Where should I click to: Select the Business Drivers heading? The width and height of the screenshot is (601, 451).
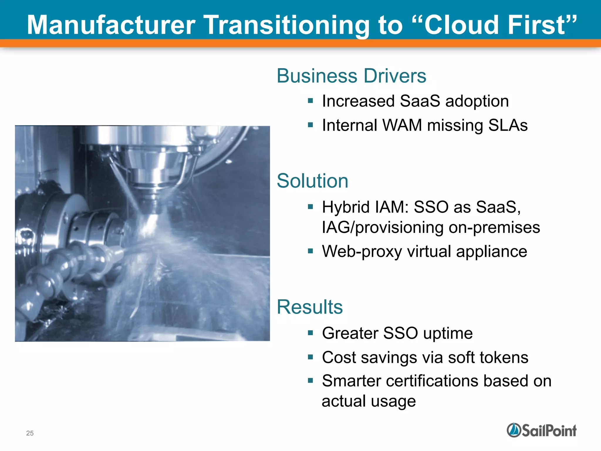(351, 76)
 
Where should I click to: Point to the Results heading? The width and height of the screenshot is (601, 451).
(310, 307)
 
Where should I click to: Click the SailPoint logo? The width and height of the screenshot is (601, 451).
(541, 430)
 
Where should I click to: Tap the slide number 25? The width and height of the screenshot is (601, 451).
(30, 433)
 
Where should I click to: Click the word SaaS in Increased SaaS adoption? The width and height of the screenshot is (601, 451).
(420, 101)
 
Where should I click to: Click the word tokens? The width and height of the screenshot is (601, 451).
(504, 357)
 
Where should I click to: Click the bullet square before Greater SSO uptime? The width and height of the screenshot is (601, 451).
(310, 333)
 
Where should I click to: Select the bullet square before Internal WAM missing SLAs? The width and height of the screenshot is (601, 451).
(310, 125)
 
